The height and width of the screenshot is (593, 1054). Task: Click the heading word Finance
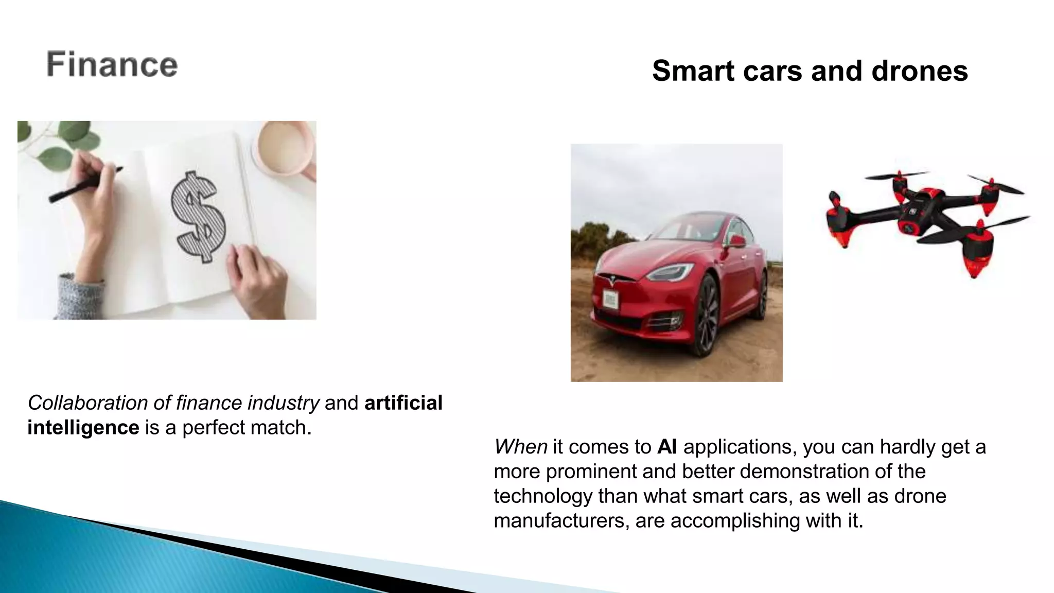pos(112,65)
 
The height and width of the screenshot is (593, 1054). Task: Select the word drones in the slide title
pos(920,71)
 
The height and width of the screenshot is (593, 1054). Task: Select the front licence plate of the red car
pos(610,300)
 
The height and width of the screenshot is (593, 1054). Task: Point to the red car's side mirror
pos(737,241)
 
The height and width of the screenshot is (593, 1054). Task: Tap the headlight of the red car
pos(669,271)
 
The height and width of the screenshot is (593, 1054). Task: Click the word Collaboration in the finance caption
pos(87,403)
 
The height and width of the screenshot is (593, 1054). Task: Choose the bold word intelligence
pos(83,428)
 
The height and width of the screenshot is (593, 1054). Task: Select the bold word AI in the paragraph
pos(667,447)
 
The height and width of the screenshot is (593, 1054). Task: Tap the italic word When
pos(520,447)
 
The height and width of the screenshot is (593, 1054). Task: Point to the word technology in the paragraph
pos(543,496)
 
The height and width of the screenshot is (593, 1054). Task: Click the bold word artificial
pos(403,403)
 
